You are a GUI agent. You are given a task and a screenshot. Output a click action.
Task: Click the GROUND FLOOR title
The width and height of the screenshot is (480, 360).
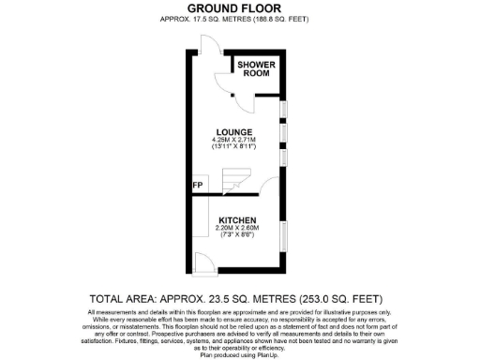(x=239, y=7)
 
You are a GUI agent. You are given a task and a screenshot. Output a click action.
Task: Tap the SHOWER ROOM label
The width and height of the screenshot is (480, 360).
(x=256, y=69)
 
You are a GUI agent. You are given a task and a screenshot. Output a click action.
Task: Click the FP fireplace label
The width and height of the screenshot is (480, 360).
(x=198, y=186)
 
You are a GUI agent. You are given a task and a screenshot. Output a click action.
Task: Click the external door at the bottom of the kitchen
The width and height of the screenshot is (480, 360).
(x=203, y=263)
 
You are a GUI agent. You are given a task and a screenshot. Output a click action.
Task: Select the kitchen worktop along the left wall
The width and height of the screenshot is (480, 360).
(x=200, y=225)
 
